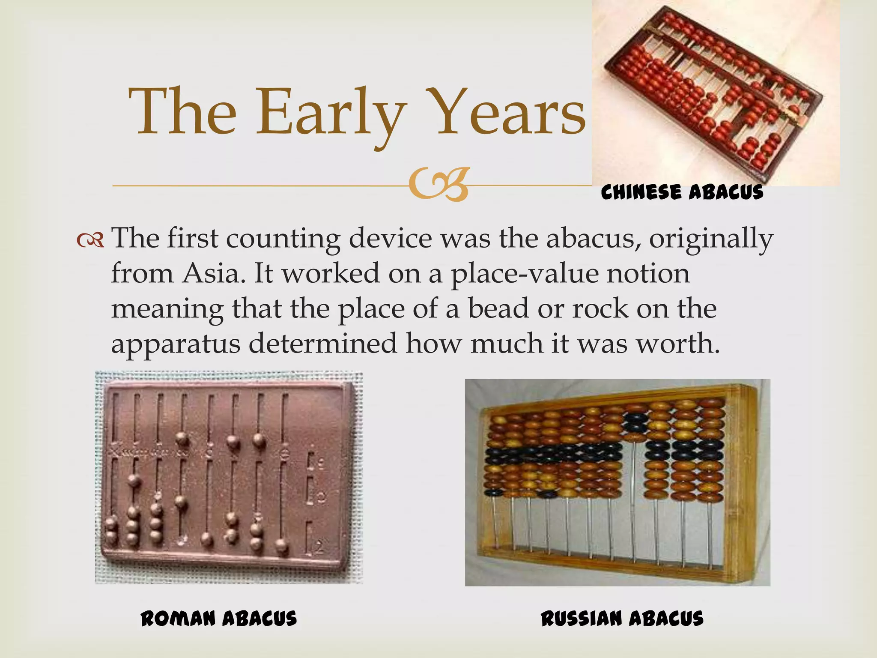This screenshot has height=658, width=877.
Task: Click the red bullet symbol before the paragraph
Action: pyautogui.click(x=90, y=241)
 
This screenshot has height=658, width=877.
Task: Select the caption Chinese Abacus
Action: pyautogui.click(x=682, y=192)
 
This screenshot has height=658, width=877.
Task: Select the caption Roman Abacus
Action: pyautogui.click(x=219, y=619)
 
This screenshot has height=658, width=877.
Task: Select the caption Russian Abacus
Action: pyautogui.click(x=622, y=619)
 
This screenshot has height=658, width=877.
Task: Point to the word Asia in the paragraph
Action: pyautogui.click(x=211, y=274)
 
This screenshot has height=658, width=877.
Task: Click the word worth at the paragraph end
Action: pyautogui.click(x=677, y=344)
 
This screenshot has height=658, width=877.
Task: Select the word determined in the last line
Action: pyautogui.click(x=323, y=344)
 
